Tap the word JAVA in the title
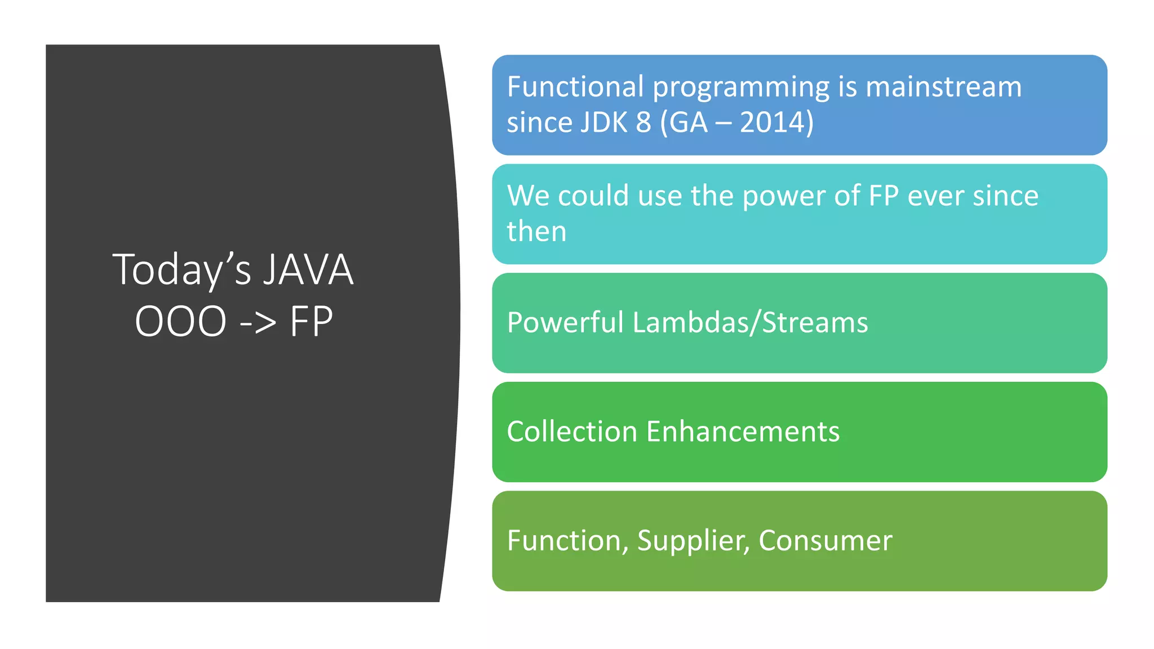[308, 270]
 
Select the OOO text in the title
[180, 322]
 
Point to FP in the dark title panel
[311, 322]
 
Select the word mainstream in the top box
[943, 87]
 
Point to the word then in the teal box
[536, 232]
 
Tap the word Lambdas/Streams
[750, 323]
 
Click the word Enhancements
[743, 432]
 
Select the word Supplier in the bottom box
[693, 541]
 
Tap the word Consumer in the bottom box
[825, 541]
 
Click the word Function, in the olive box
[567, 541]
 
